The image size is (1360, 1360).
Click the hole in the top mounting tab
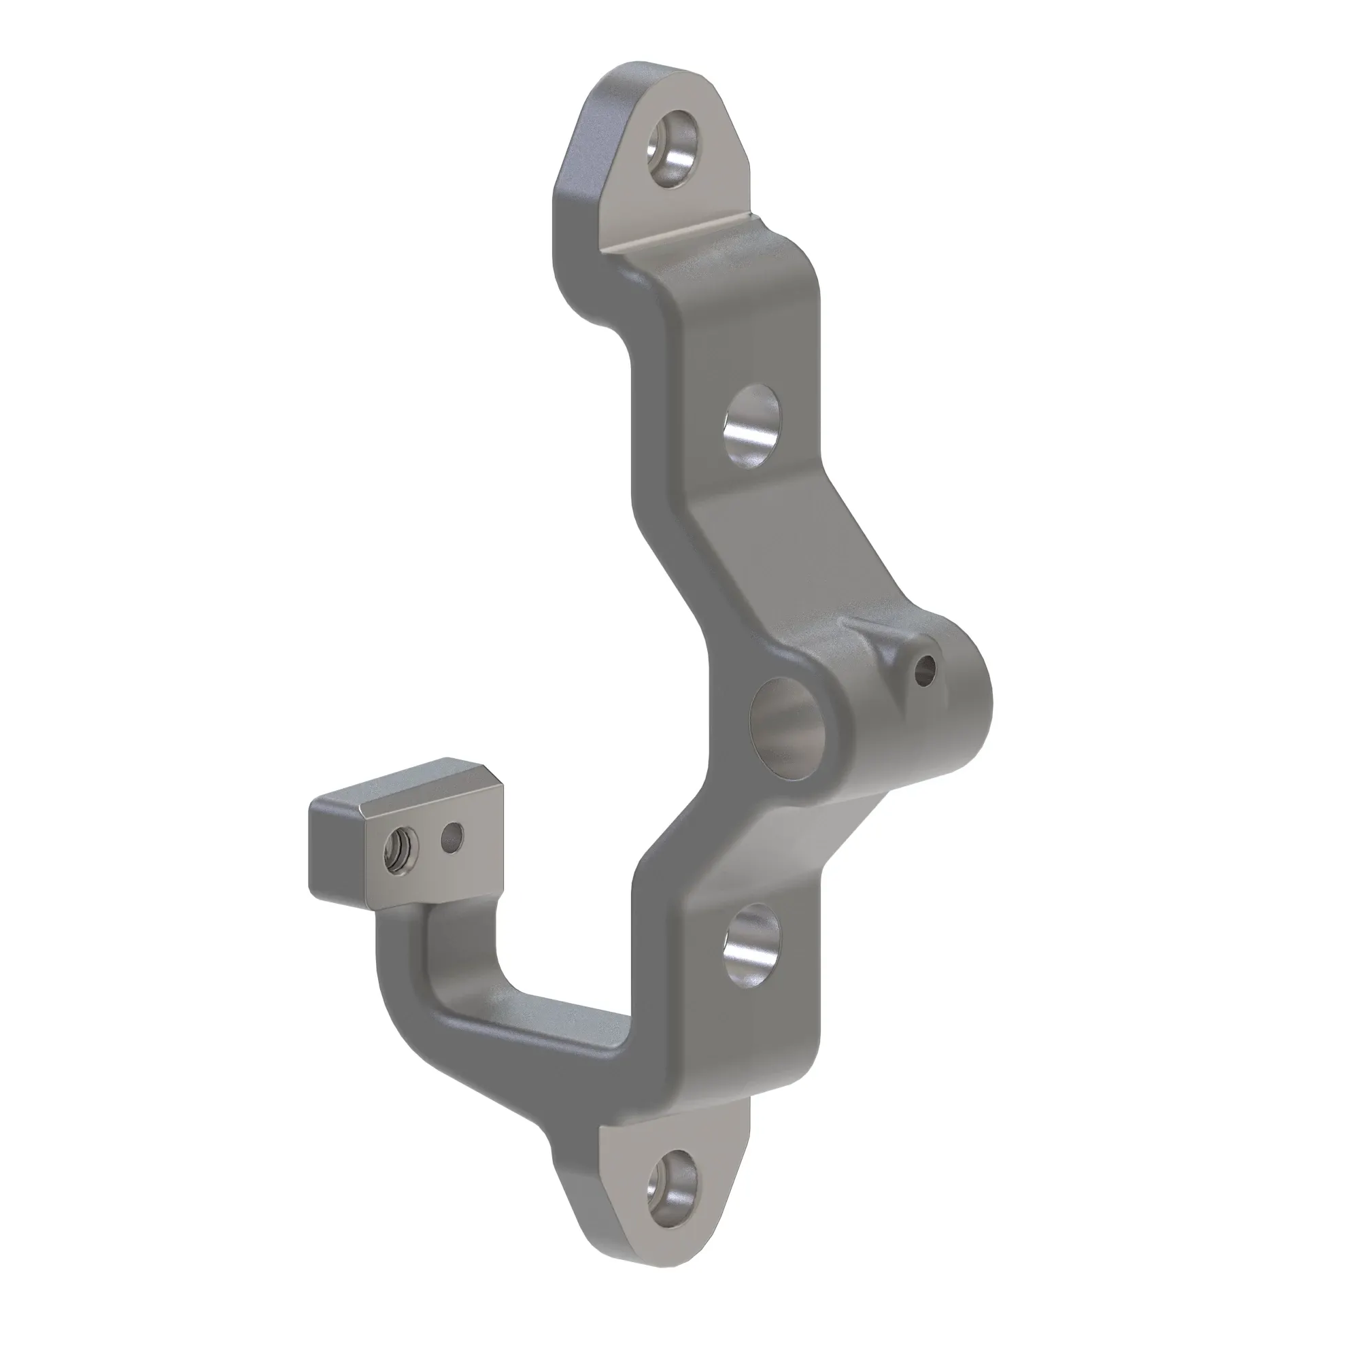675,148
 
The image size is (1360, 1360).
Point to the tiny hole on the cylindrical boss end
927,666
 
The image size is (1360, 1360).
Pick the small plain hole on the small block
453,837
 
